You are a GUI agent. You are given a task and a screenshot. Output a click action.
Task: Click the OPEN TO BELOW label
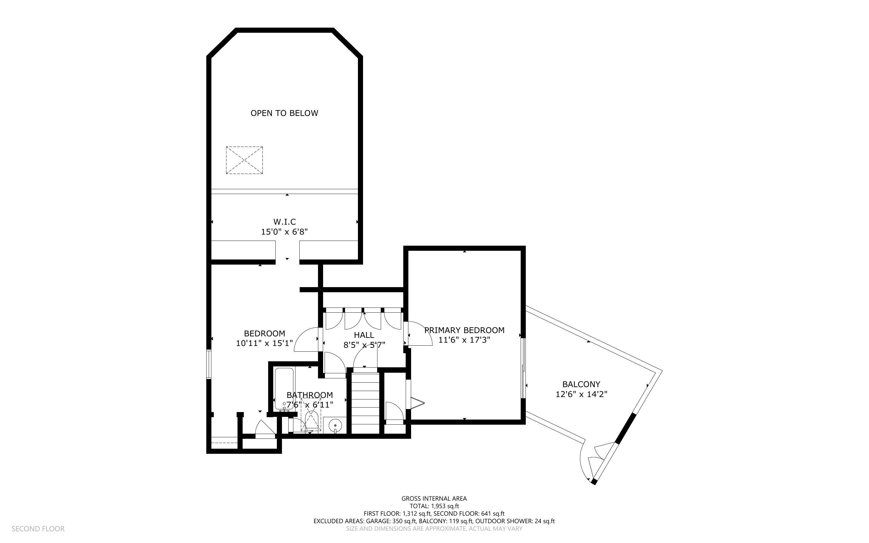coord(284,113)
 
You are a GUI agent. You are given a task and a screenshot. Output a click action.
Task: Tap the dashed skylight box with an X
coord(244,160)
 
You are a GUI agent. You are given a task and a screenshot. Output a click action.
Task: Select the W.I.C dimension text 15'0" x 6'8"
coord(284,232)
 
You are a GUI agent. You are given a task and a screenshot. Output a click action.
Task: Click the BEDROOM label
coord(264,334)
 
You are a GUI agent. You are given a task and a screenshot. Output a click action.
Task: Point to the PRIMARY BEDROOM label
coord(464,330)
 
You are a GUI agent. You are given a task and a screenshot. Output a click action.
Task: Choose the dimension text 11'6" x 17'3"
coord(464,340)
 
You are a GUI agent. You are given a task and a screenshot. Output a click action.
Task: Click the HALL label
coord(364,335)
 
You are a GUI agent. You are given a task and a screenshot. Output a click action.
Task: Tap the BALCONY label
coord(581,384)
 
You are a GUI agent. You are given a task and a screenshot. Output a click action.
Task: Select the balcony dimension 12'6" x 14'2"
coord(581,394)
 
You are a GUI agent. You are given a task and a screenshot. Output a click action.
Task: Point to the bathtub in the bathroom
coord(284,389)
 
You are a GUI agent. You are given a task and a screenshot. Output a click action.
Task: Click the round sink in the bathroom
coord(335,425)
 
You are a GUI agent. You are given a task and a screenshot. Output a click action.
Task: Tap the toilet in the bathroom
coord(311,420)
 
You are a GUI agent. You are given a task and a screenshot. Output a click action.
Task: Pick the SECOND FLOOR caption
coord(38,529)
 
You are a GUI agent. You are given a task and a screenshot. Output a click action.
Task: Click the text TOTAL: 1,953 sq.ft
coord(434,506)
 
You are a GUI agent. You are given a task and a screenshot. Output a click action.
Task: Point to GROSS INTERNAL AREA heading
coord(434,499)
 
